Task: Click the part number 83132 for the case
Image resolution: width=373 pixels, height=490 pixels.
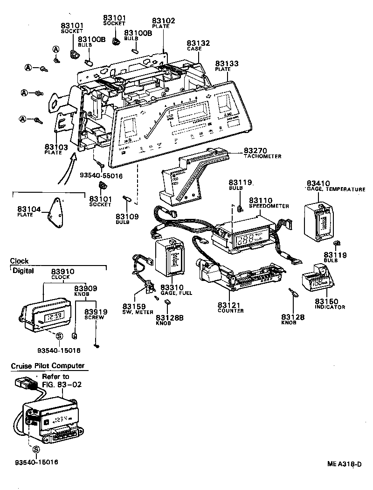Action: (x=198, y=43)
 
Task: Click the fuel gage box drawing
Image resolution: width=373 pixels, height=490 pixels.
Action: (x=171, y=259)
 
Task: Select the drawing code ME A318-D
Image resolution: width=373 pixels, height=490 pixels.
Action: (x=344, y=464)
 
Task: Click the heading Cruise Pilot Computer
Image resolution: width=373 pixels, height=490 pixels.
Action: (x=48, y=366)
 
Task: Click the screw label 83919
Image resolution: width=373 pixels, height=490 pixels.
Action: (x=96, y=312)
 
